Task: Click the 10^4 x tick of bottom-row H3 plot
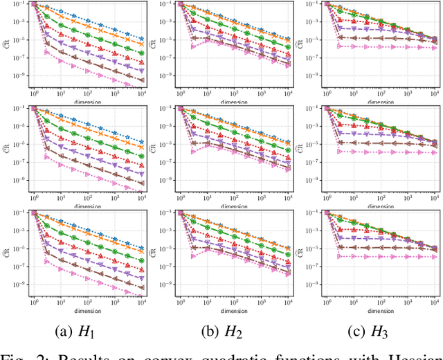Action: point(435,301)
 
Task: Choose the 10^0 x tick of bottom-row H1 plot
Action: point(33,301)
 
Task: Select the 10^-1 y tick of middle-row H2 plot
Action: point(167,108)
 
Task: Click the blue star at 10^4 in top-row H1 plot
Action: point(141,39)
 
